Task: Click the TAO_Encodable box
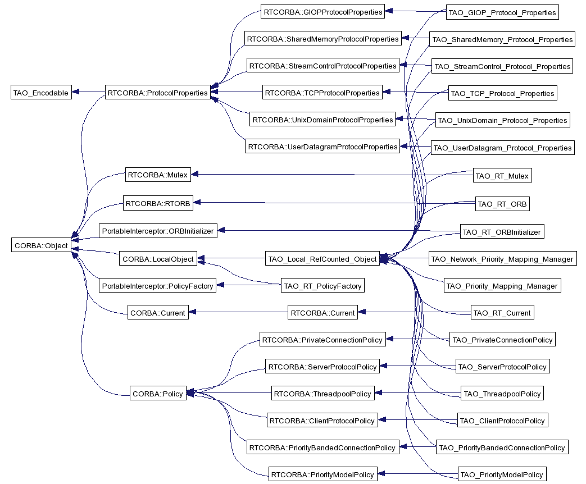coord(41,93)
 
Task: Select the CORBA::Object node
coord(41,245)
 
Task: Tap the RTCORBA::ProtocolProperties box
coord(158,93)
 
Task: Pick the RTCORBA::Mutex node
coord(158,175)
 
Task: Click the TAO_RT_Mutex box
coord(502,176)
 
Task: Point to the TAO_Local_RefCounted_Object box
coord(322,259)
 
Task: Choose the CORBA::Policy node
coord(158,393)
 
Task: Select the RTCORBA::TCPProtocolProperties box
coord(322,93)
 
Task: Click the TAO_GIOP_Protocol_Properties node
coord(502,12)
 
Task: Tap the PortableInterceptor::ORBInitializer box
coord(158,231)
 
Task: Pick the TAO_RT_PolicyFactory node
coord(322,286)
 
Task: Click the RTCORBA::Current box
coord(322,313)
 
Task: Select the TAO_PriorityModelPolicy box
coord(502,474)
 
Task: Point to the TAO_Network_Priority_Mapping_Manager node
coord(502,259)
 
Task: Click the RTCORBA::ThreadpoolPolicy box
coord(322,393)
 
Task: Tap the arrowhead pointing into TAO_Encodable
coord(75,92)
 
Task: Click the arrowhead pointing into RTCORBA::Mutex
coord(194,174)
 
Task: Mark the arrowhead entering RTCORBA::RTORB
coord(197,202)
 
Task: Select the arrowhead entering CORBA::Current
coord(192,312)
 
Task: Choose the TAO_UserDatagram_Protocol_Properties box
coord(502,148)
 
